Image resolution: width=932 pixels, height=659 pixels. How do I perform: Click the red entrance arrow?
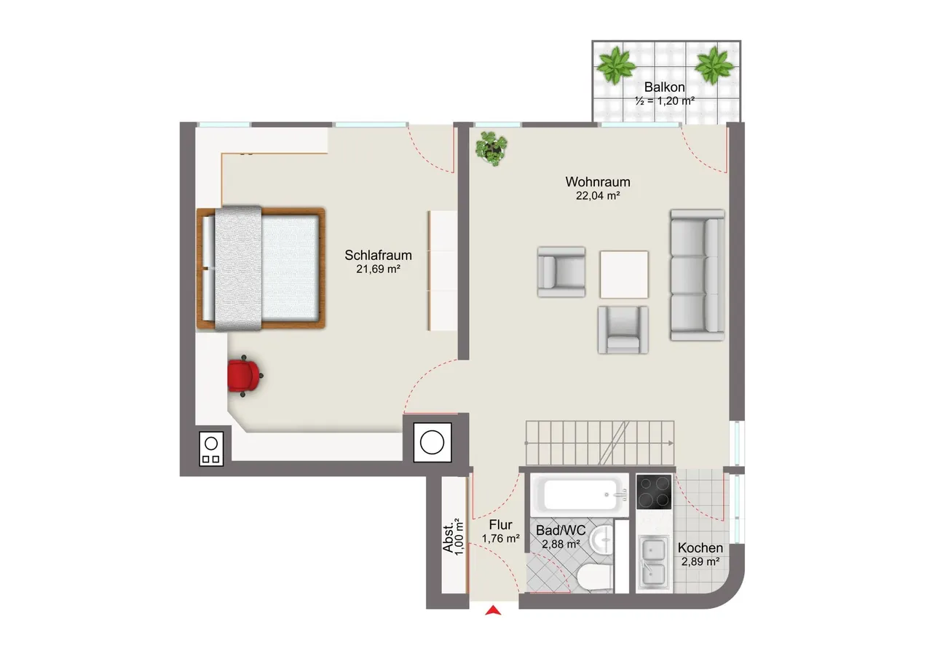493,610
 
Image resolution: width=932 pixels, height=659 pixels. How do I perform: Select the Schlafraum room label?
378,255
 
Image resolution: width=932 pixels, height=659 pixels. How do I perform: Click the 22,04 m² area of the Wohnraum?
598,196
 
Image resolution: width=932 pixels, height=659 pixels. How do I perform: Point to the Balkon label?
665,87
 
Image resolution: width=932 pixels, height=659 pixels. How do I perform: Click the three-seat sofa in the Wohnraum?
697,275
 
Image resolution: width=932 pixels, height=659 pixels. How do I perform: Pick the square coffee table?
624,275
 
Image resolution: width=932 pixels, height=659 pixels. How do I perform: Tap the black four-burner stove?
654,492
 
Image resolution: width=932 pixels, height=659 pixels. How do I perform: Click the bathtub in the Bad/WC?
580,494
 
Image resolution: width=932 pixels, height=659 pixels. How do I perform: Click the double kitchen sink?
654,562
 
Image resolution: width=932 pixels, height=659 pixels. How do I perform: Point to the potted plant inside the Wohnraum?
491,148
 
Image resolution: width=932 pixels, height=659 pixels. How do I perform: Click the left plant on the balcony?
616,66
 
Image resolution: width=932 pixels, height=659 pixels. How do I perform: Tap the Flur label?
500,524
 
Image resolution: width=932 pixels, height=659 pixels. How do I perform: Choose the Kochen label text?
700,548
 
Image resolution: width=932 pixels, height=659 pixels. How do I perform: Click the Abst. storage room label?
449,537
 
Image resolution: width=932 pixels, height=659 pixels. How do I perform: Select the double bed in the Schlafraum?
261,269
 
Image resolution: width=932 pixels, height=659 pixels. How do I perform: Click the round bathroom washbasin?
602,540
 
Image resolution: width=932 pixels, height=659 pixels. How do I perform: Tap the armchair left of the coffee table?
561,272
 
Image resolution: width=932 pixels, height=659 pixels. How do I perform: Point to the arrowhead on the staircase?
671,443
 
